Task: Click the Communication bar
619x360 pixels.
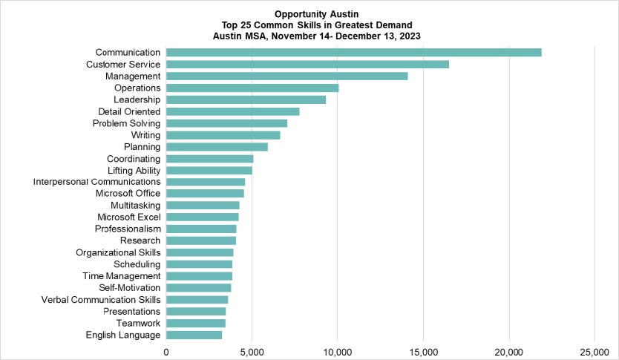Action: (353, 52)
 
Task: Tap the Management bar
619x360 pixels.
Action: (286, 76)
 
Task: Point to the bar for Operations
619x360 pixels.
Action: (252, 88)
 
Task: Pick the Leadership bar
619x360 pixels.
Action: (246, 99)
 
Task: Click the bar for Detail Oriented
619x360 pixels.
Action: (232, 111)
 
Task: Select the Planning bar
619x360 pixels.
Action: (217, 146)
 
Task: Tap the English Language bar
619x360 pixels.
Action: (194, 335)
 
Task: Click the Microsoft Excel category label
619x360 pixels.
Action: (129, 217)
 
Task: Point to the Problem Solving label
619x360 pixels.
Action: (127, 123)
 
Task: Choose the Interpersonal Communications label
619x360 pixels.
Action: (97, 182)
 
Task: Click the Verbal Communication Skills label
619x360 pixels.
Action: (101, 300)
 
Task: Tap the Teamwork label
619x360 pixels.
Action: (139, 324)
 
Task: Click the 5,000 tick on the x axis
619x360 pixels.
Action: (252, 351)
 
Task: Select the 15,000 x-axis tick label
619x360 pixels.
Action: (423, 351)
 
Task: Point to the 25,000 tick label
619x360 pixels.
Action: (595, 351)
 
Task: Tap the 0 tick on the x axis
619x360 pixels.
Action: (166, 351)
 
